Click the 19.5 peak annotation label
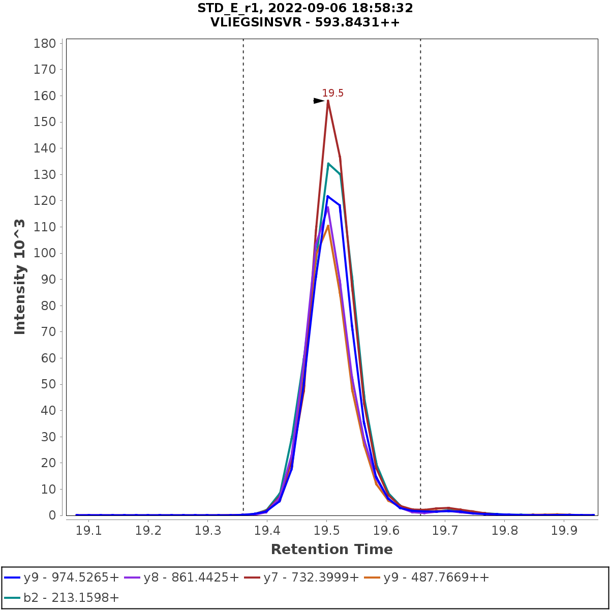332,93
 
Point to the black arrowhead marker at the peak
319,101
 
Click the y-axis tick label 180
44,43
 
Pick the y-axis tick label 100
44,253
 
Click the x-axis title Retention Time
331,550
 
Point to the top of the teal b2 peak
328,164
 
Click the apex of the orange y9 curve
328,226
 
